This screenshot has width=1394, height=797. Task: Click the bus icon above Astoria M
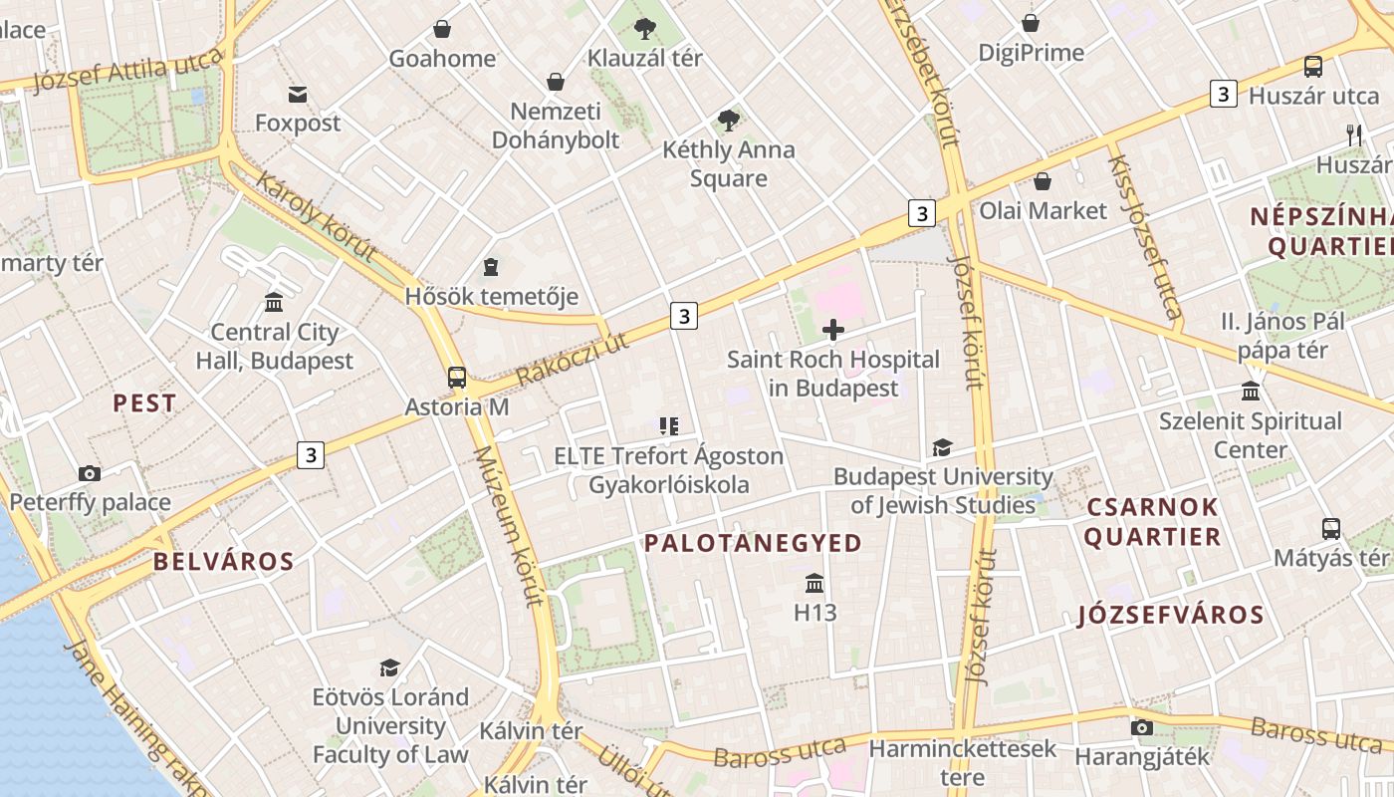click(456, 378)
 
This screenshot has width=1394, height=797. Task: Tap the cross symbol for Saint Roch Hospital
click(833, 330)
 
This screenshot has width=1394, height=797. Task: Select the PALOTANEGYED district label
click(753, 543)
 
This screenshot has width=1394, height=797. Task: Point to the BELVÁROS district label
click(223, 562)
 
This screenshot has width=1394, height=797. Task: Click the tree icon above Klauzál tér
click(644, 28)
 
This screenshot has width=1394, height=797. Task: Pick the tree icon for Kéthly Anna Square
click(729, 121)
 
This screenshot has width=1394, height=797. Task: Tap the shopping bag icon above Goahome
click(441, 29)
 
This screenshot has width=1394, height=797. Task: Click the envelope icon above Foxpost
click(297, 95)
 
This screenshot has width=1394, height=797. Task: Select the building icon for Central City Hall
click(274, 302)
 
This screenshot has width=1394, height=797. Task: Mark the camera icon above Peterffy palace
click(90, 473)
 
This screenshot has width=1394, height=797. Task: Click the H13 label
click(814, 613)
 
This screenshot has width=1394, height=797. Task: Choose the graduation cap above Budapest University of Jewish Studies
click(942, 447)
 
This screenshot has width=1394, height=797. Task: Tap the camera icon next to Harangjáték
click(1142, 727)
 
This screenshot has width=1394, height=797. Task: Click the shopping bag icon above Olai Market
click(1043, 181)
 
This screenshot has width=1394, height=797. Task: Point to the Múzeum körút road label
click(509, 526)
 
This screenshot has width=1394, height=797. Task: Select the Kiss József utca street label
click(1144, 237)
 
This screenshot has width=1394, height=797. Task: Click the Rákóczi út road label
click(574, 361)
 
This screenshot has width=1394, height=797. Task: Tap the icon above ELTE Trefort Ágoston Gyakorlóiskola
click(668, 426)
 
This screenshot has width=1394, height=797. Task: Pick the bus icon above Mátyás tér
click(1331, 528)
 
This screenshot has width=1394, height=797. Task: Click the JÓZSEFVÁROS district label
click(1171, 615)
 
